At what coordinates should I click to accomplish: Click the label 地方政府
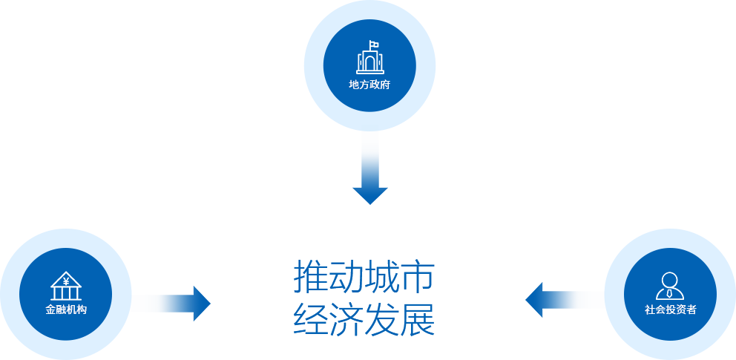[369, 85]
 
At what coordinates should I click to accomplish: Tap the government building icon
[370, 57]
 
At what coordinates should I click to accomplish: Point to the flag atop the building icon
[373, 44]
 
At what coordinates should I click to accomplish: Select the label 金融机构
[66, 310]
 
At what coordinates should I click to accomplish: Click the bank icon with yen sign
[66, 286]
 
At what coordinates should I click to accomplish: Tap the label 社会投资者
[670, 310]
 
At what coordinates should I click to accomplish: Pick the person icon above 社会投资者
[670, 286]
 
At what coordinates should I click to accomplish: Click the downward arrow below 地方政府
[370, 171]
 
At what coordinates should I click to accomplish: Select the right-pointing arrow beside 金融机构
[174, 304]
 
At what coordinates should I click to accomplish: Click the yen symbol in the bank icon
[66, 281]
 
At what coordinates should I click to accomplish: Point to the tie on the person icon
[670, 294]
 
